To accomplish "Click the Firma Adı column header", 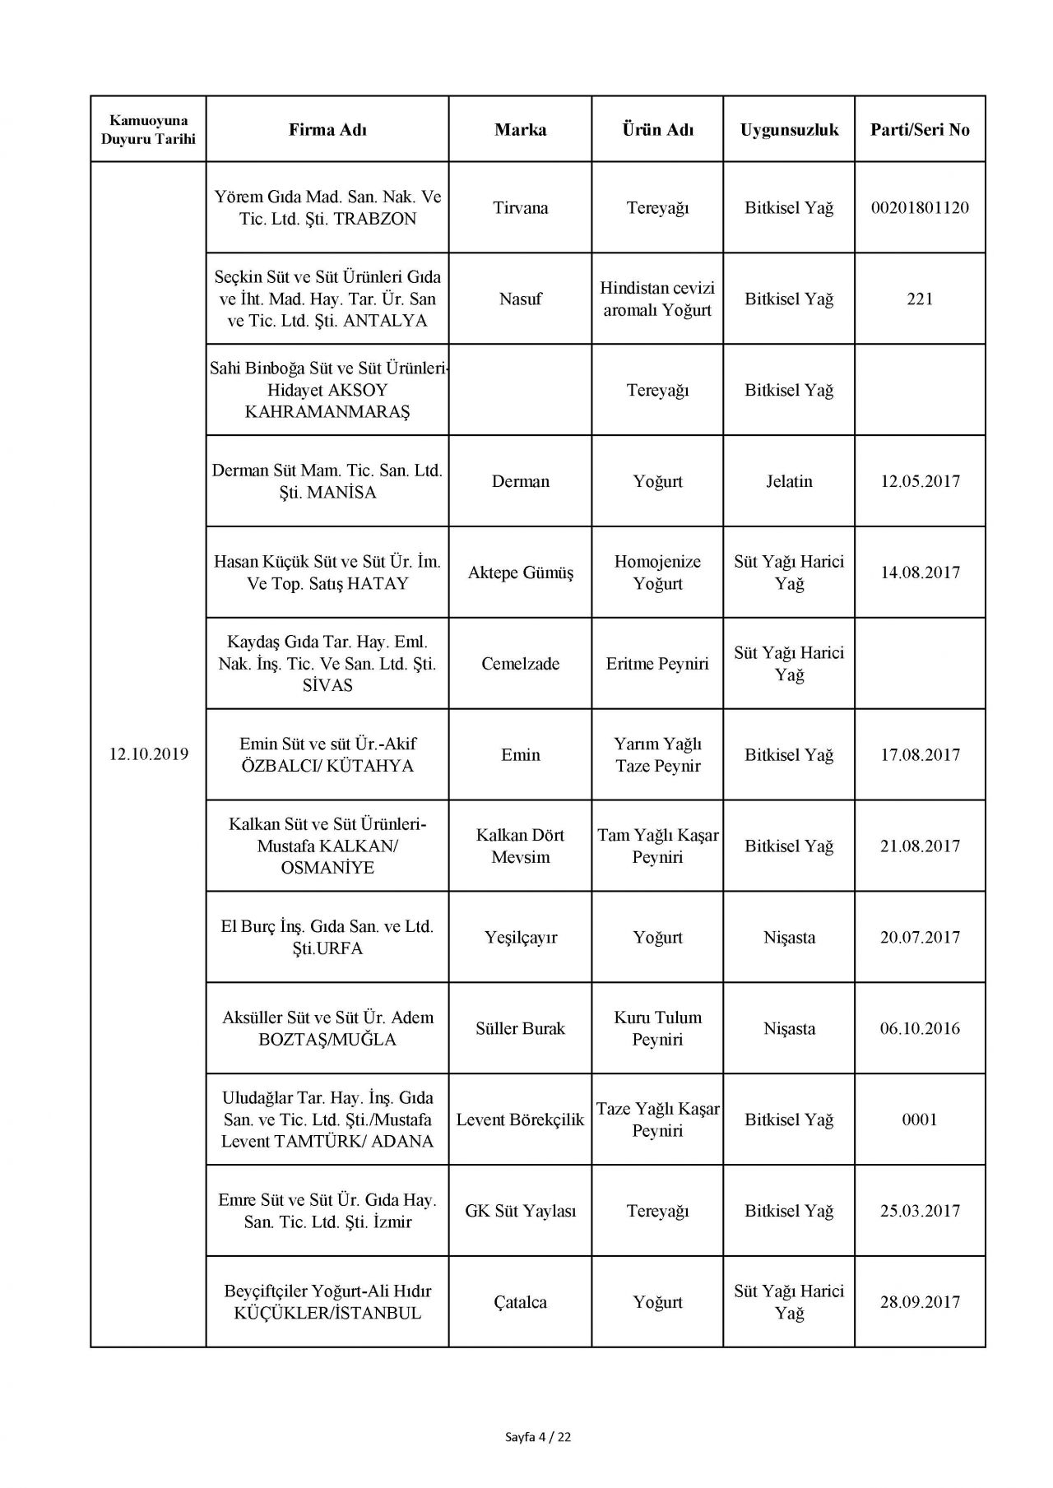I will pos(327,129).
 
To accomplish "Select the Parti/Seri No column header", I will pos(920,129).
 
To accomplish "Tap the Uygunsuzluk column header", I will pos(789,129).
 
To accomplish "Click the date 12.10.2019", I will pos(148,754).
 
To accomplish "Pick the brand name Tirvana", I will pos(520,207).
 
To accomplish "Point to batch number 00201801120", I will pos(920,207).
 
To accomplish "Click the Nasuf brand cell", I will pos(520,299).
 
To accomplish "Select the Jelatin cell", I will pos(789,481).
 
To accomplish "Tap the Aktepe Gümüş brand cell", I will pos(520,572).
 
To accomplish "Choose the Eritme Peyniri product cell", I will pos(657,664).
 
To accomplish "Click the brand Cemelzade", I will pos(520,664).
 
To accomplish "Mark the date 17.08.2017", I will pos(920,754).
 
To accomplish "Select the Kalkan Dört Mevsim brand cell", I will pos(520,846).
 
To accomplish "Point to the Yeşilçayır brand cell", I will pos(520,937).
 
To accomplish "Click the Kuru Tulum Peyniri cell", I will pos(657,1028).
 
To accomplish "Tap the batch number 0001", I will pos(920,1119).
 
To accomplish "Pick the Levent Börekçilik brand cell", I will pos(520,1119).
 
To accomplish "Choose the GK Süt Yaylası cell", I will pos(520,1211).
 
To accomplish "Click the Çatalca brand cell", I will pos(520,1302).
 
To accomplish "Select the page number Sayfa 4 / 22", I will pos(538,1438).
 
